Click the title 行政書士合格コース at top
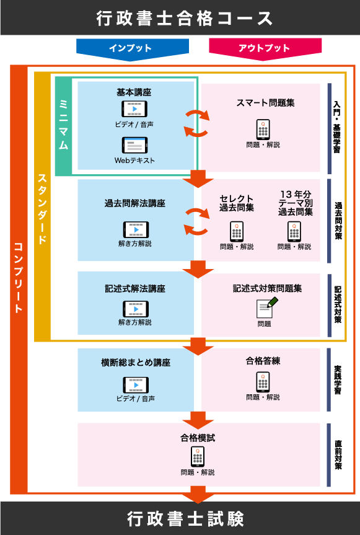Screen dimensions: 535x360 [184, 18]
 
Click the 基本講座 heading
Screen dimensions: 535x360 [134, 92]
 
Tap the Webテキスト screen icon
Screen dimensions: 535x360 [134, 145]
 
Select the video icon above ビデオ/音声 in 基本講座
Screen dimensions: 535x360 [134, 109]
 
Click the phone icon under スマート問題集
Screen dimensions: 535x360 [263, 129]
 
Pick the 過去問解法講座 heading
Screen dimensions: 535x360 [134, 203]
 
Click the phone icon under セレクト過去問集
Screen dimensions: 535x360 [237, 231]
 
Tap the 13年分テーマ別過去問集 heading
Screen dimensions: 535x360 [294, 203]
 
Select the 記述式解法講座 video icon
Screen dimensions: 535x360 [135, 309]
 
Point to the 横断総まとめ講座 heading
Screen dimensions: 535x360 [136, 363]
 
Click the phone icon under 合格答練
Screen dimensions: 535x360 [263, 382]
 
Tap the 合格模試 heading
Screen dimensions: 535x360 [198, 438]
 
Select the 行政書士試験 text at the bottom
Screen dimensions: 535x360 [185, 518]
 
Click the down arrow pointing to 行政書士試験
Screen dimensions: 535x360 [198, 494]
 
